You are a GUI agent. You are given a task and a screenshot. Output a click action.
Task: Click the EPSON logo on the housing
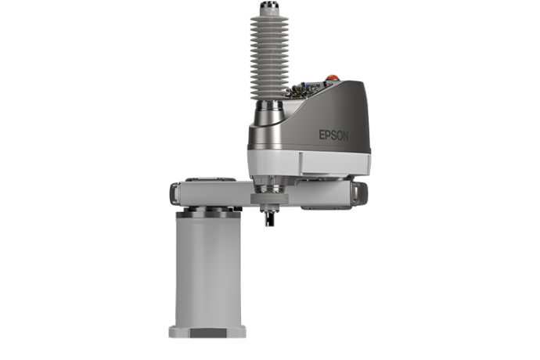point(333,135)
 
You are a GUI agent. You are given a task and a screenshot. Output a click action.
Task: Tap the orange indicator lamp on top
point(333,77)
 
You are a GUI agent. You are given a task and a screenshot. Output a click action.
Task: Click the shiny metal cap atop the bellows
point(269,5)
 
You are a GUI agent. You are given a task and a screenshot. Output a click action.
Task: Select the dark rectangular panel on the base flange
point(208,333)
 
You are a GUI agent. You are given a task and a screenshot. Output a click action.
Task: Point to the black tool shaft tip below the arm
point(269,218)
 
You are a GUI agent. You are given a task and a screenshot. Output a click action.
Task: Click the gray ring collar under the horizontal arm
point(269,199)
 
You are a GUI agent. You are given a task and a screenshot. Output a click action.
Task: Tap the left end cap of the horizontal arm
point(175,194)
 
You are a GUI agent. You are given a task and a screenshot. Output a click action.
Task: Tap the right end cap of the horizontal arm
point(360,194)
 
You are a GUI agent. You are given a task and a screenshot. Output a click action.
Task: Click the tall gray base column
point(208,272)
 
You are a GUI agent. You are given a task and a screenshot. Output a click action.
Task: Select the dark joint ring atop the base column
point(208,214)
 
